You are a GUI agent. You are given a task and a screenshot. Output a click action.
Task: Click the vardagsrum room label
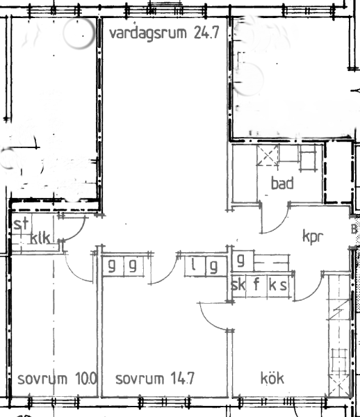[x=148, y=33]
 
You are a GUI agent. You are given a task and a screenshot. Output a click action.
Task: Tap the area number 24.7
[x=206, y=33]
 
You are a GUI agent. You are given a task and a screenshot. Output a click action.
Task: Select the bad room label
[x=282, y=183]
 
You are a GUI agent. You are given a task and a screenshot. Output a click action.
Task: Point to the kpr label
[x=313, y=236]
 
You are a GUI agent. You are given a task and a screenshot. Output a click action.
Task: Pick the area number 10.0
[x=86, y=378]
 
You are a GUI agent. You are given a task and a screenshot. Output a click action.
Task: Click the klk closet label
[x=40, y=238]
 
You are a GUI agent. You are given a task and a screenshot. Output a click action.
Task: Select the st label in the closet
[x=21, y=224]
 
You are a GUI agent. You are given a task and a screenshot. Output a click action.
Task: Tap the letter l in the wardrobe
[x=194, y=265]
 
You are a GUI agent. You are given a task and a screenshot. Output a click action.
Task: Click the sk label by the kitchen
[x=238, y=284]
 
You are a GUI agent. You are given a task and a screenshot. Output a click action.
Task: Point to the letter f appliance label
[x=256, y=284]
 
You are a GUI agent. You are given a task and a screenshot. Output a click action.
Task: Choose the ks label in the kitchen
[x=278, y=284]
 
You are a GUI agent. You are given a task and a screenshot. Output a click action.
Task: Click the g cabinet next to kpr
[x=240, y=261]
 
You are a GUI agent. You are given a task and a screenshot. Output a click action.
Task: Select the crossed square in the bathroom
[x=268, y=155]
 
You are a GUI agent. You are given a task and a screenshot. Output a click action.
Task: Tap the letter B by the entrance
[x=354, y=229]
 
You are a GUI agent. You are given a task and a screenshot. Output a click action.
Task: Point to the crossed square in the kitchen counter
[x=338, y=385]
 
